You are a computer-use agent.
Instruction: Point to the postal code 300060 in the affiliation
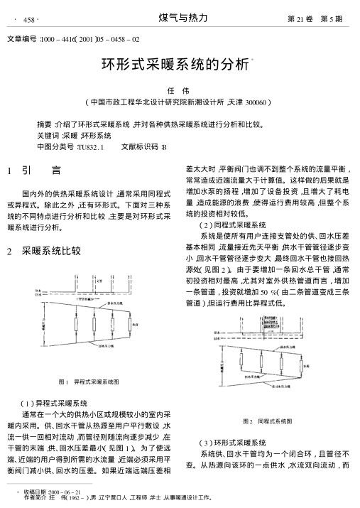(252, 103)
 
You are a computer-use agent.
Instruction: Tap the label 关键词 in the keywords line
(48, 134)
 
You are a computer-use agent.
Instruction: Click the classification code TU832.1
(90, 146)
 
